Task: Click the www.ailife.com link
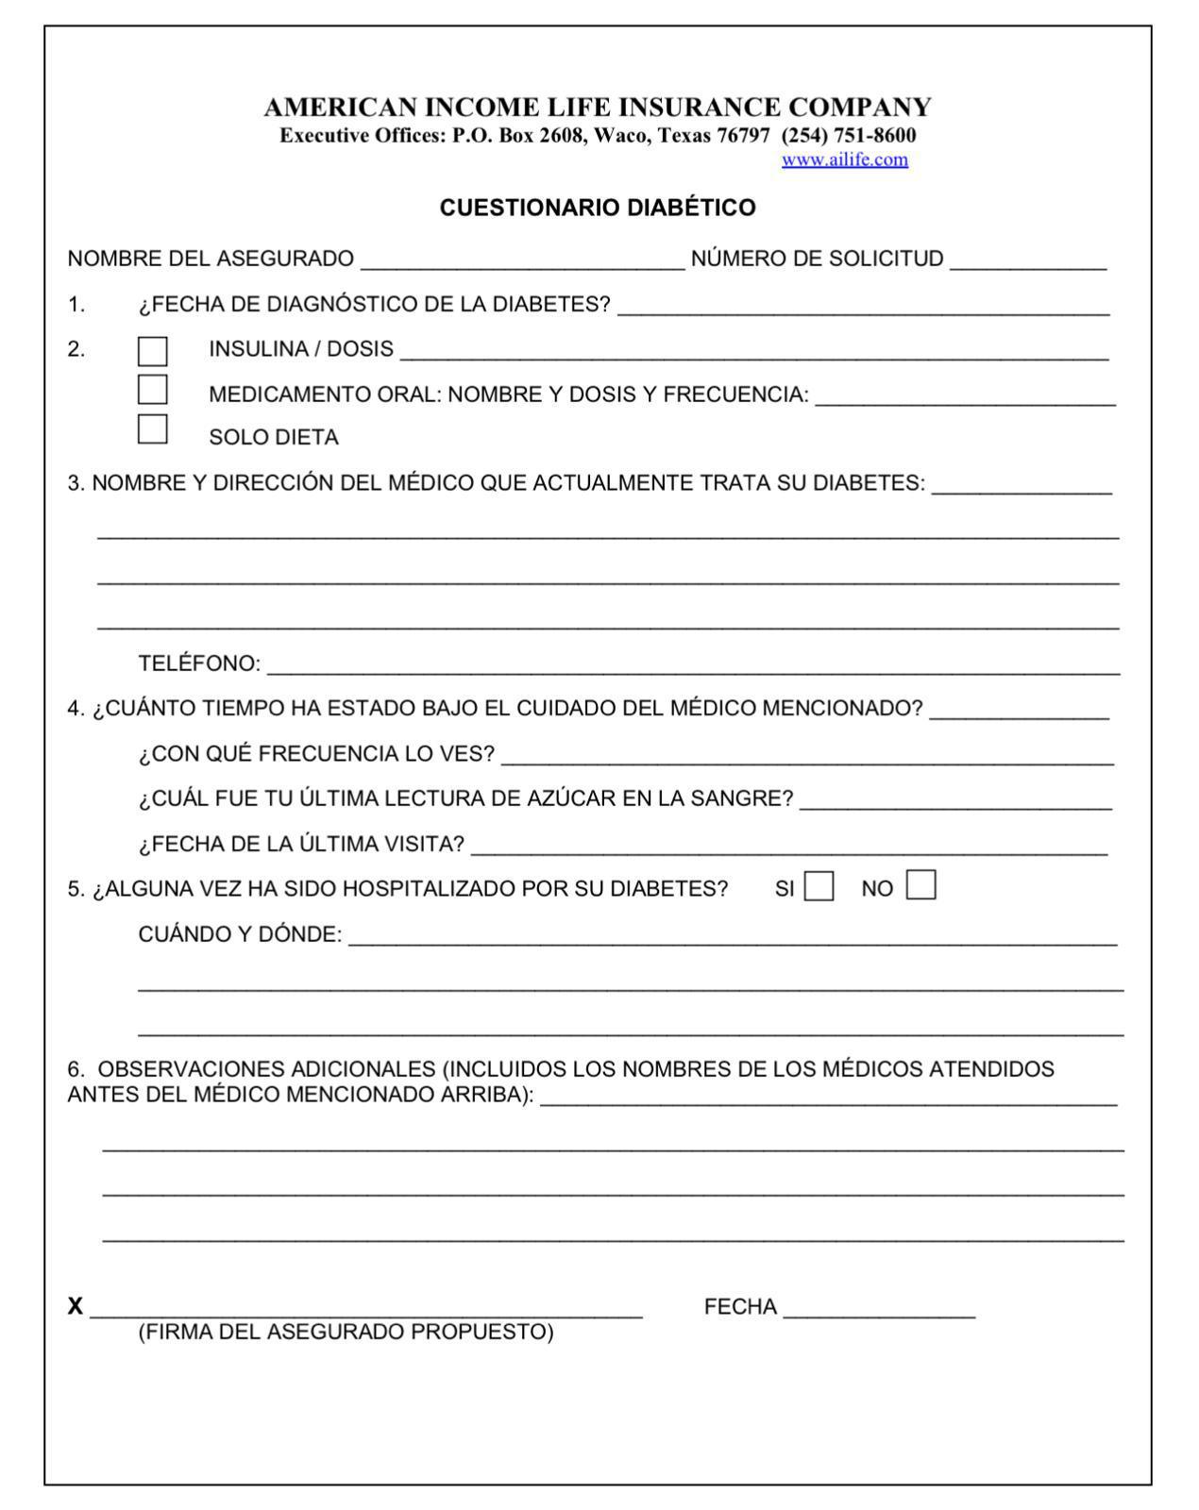844,159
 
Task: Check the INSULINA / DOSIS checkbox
152,351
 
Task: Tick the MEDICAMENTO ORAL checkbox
152,390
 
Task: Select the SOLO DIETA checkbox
152,429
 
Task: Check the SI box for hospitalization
819,887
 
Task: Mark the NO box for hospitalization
920,885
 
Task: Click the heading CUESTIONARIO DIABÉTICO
598,208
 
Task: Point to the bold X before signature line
76,1307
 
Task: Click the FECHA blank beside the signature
878,1310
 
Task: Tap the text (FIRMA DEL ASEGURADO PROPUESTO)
346,1332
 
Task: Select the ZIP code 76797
743,135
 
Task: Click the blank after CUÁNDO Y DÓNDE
732,937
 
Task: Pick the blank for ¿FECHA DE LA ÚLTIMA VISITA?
788,847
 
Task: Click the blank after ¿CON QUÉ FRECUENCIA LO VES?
807,756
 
